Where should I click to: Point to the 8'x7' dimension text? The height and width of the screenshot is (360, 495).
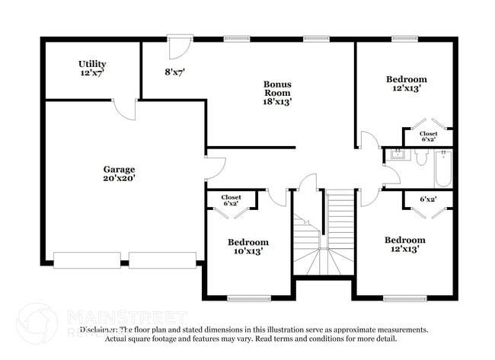click(x=175, y=72)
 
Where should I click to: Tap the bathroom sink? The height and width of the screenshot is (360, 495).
click(x=396, y=156)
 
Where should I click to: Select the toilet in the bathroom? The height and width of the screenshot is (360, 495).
click(x=420, y=156)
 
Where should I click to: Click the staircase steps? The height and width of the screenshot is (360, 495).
click(x=340, y=221)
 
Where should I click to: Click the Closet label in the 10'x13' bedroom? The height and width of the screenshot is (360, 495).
click(x=231, y=201)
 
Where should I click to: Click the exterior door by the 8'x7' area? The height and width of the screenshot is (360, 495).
click(x=176, y=48)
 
